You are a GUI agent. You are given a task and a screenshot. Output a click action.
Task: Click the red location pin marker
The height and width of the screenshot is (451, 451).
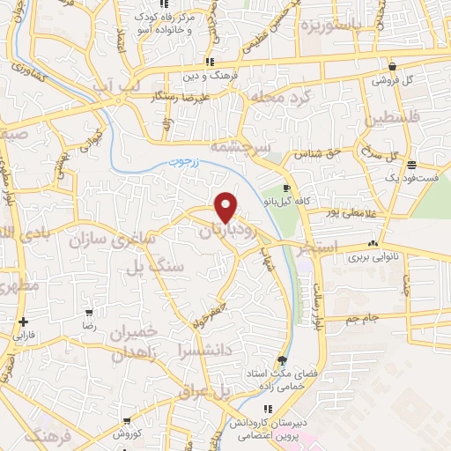click(226, 206)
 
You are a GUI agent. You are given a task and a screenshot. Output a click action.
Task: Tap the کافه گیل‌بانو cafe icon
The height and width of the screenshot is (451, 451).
click(286, 189)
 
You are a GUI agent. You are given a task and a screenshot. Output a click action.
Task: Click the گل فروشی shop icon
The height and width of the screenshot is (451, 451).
click(391, 66)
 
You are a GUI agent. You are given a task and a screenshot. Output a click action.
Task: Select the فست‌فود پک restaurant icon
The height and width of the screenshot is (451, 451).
click(411, 165)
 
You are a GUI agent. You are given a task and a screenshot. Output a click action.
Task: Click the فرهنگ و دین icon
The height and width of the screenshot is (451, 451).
click(209, 62)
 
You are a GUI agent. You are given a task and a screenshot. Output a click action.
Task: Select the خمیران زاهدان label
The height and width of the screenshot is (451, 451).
click(133, 343)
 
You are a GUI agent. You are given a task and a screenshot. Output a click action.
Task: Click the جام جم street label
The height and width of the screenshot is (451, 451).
click(362, 316)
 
